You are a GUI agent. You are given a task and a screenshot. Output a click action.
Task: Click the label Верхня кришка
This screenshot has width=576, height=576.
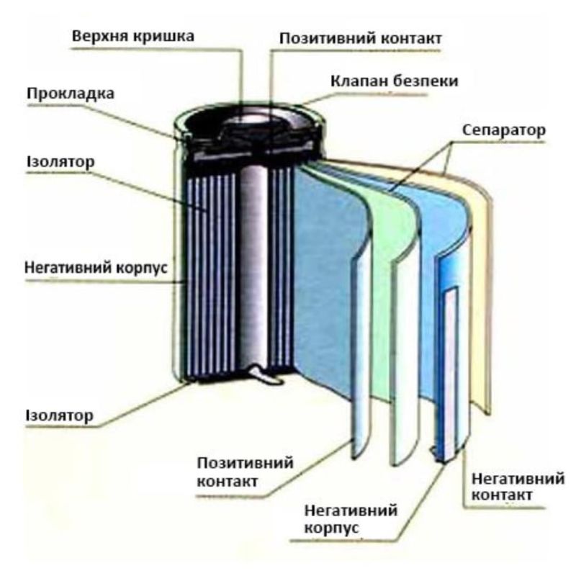[134, 34]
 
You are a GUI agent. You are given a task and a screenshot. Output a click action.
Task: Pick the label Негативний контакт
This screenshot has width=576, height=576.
[513, 486]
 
